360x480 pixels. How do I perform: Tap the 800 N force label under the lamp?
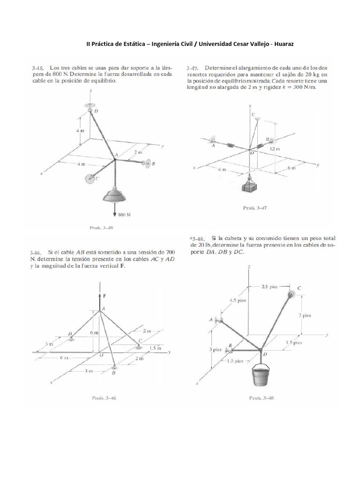[123, 215]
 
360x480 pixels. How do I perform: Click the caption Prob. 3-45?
[101, 228]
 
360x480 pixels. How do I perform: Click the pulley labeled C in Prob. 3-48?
[291, 294]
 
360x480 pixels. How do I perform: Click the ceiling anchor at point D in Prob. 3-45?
[90, 106]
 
